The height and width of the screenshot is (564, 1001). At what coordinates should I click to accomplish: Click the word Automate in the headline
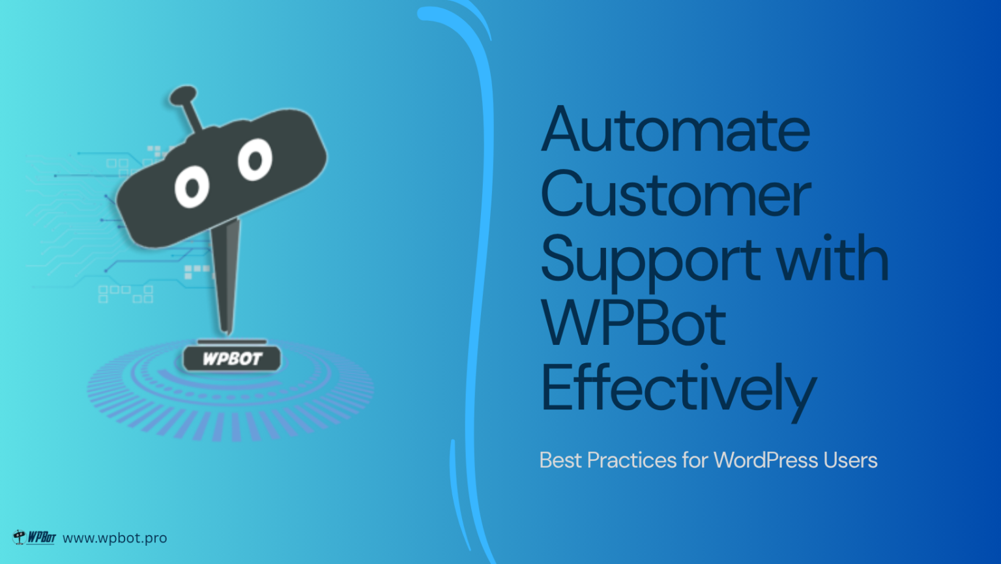point(676,130)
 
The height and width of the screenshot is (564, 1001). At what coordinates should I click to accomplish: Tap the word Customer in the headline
point(676,194)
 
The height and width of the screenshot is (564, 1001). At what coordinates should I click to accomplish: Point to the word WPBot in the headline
point(633,323)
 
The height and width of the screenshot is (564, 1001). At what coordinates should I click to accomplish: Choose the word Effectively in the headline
point(678,389)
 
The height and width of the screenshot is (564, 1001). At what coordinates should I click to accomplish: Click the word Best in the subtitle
point(560,460)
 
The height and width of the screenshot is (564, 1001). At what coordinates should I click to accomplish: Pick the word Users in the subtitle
point(850,460)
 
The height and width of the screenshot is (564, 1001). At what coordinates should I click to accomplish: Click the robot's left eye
point(192,188)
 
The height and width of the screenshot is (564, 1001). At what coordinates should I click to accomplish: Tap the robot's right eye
point(255,159)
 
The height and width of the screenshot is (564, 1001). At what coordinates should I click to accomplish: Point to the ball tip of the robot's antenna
point(182,96)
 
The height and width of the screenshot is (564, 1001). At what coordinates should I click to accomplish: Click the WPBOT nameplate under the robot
point(231,358)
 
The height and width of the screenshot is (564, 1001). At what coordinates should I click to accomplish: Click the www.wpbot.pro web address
point(115,538)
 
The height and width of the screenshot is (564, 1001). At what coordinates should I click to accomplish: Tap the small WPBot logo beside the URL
point(35,537)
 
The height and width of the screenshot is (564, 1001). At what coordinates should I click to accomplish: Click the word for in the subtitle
point(695,460)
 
